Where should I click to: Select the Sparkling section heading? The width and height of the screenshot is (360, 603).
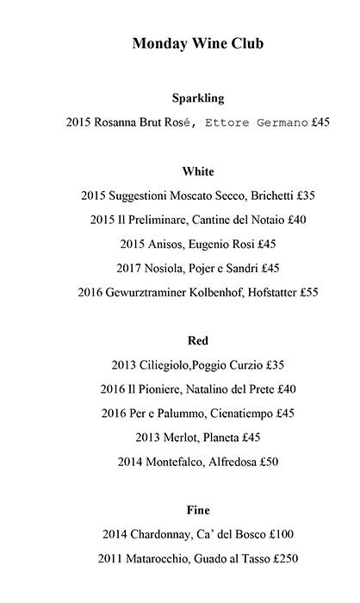198,98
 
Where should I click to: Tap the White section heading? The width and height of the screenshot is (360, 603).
198,171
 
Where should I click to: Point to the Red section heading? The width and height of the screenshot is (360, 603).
198,340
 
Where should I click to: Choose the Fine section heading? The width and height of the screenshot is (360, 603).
198,510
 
